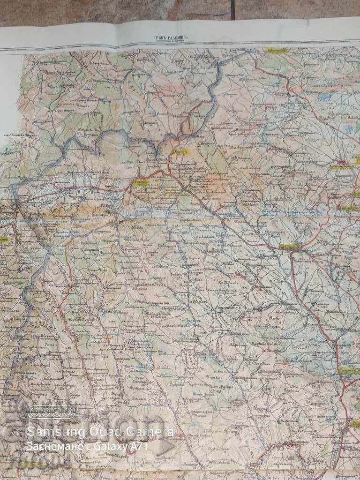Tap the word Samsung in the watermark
(x=45, y=431)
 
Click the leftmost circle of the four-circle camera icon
(x=34, y=412)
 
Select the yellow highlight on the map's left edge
(x=4, y=239)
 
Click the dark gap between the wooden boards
(x=232, y=9)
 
